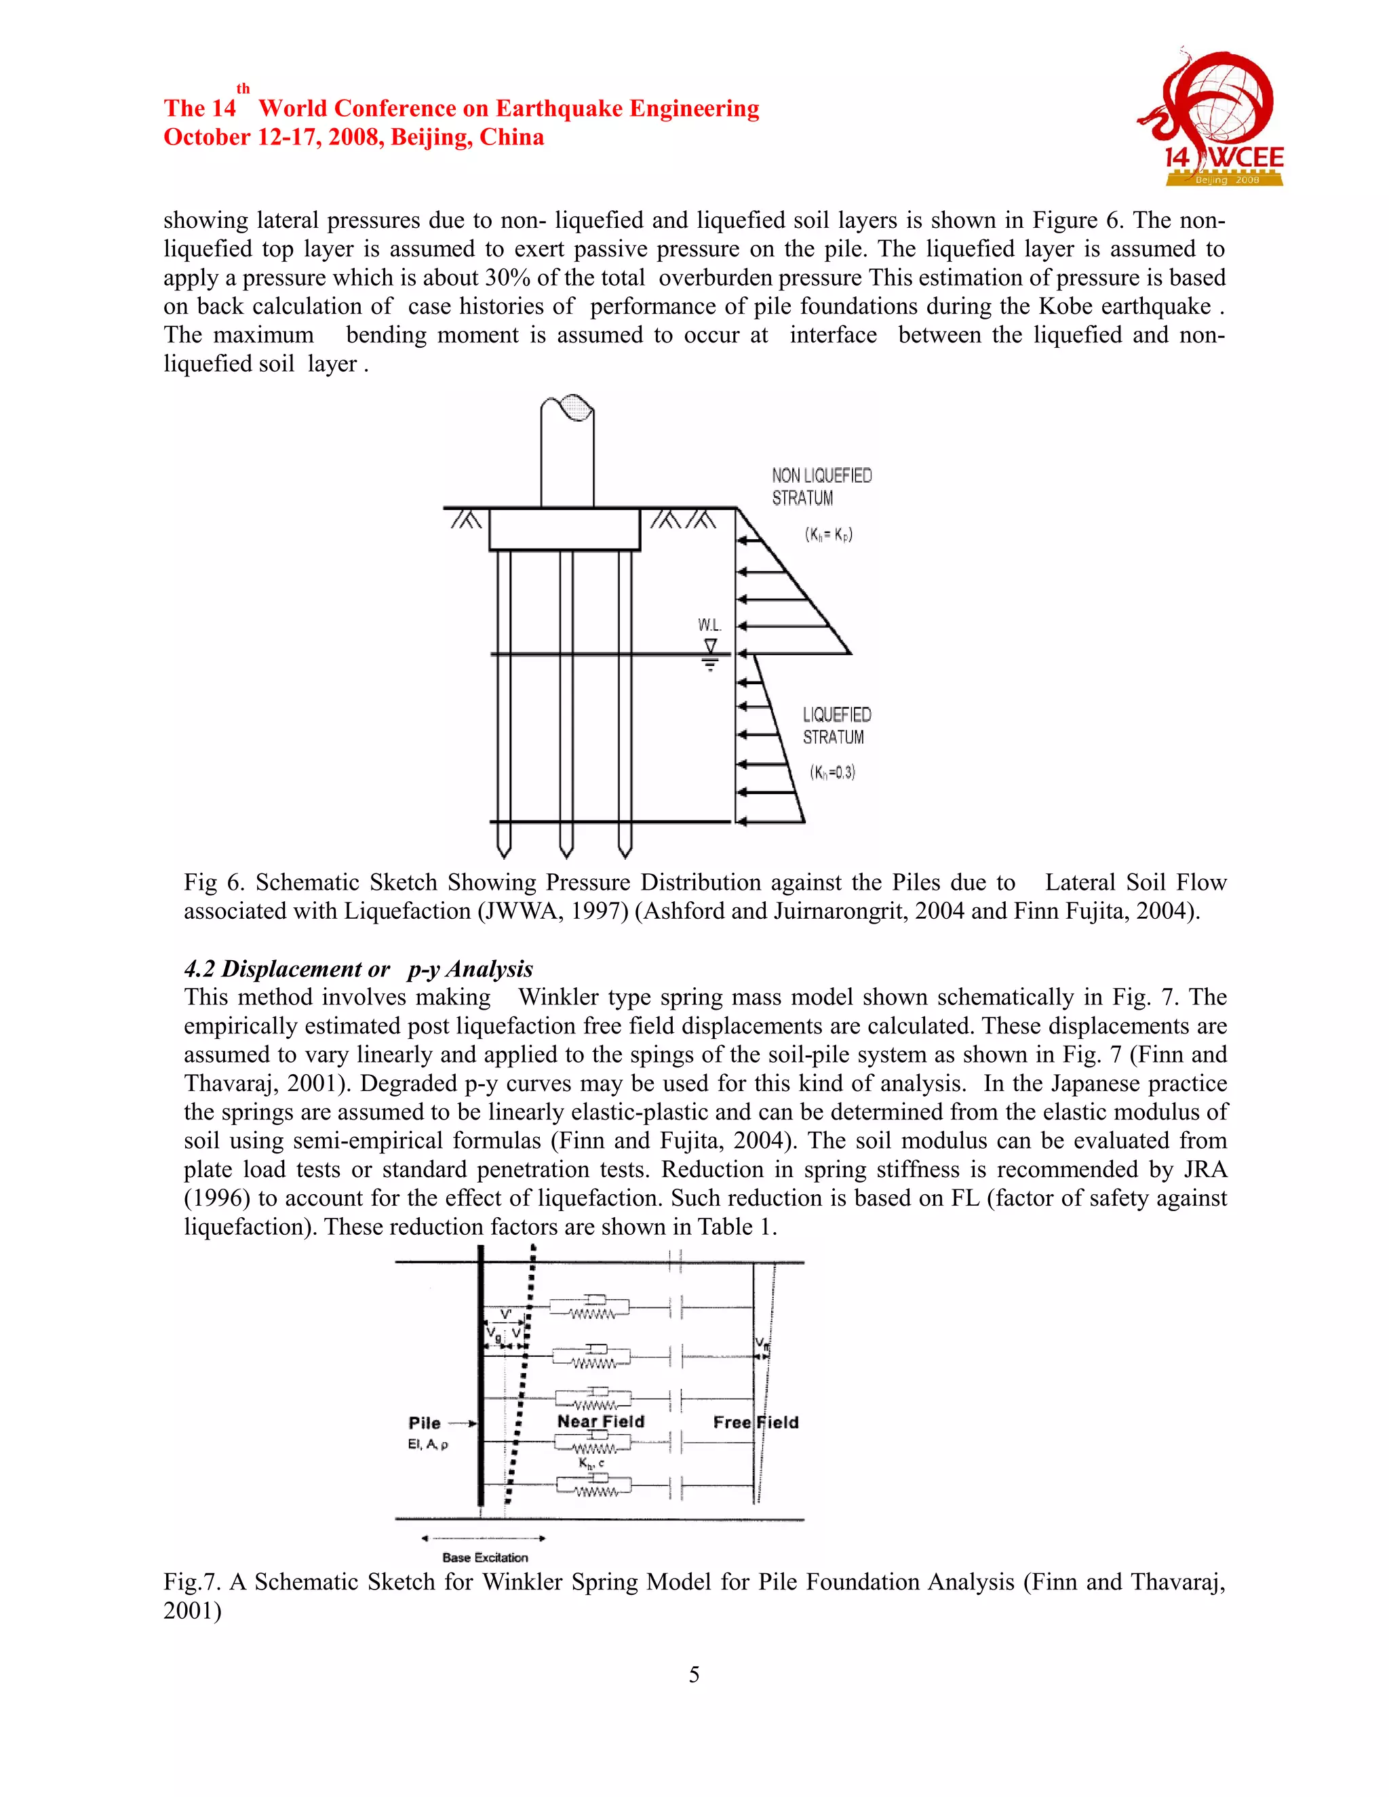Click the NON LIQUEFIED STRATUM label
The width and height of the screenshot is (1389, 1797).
(821, 486)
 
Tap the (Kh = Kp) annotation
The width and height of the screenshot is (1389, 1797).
(828, 534)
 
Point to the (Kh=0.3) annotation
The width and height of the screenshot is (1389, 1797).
(832, 772)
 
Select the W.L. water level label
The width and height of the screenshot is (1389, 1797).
(709, 625)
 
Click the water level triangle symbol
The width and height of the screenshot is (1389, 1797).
(710, 647)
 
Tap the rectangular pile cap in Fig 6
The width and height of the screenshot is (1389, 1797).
(564, 529)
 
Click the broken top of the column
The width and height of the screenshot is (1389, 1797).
(567, 408)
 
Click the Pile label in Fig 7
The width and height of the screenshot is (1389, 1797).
(425, 1423)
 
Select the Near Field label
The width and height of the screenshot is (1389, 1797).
(601, 1421)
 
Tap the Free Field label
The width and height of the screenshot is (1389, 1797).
(756, 1422)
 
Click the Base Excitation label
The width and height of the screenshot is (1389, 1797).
(485, 1558)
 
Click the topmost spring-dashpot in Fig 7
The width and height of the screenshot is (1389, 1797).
(590, 1307)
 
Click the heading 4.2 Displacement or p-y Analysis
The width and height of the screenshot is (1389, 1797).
(358, 968)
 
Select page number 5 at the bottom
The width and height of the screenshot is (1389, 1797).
(694, 1674)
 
